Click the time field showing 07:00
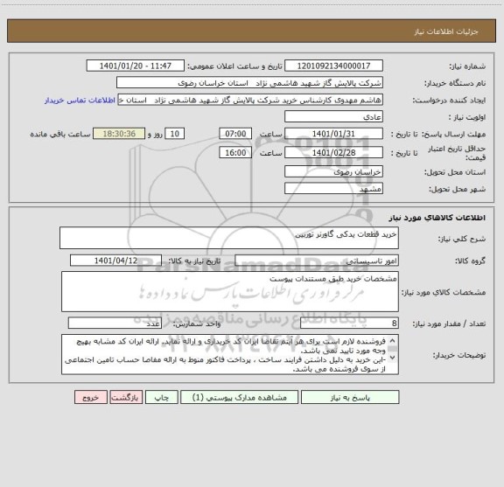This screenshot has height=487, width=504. coord(234,133)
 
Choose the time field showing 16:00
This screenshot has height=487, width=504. coord(234,152)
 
